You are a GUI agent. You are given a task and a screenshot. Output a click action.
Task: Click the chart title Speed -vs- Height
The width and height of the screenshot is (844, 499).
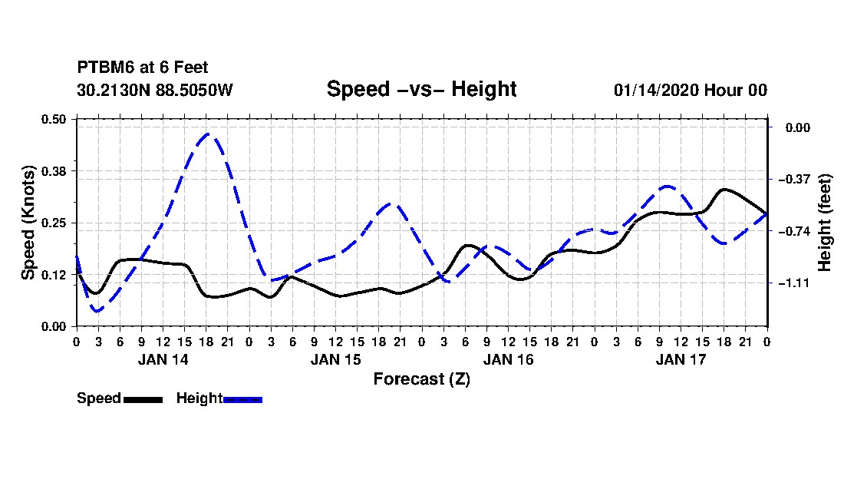point(421,89)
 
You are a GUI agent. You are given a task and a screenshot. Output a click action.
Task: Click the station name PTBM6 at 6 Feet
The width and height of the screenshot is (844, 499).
point(143,68)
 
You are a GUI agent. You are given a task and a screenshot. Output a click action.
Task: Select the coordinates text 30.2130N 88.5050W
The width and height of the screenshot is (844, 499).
point(155,90)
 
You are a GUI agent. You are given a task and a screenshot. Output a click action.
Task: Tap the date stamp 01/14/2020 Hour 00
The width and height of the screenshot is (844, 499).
point(691,90)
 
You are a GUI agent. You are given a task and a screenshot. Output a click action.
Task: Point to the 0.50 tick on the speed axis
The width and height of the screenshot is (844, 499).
point(53,119)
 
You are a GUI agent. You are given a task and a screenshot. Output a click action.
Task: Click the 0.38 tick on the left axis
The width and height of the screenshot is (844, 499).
point(53,171)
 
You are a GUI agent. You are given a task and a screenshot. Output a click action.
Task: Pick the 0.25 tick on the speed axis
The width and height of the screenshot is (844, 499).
point(53,223)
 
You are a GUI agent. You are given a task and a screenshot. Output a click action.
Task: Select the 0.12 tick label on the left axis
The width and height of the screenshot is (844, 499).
point(53,275)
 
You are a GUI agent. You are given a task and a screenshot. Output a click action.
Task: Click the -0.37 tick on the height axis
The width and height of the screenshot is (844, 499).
point(794,179)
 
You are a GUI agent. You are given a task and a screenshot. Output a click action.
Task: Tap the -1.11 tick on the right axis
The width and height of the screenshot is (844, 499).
point(794,283)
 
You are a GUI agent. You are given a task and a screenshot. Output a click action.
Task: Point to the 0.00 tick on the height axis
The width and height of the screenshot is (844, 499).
point(798,127)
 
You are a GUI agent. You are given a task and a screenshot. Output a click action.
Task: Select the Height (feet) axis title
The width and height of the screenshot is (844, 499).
point(824,223)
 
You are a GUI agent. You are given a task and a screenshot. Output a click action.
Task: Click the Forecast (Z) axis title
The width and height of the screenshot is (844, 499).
point(422,379)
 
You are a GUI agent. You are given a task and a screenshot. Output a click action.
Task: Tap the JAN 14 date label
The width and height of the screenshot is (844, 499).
point(163,359)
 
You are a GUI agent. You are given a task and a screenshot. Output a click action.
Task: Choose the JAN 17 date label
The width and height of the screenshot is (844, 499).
point(681,359)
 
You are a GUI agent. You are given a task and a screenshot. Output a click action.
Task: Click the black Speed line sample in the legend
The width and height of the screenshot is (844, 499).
point(143,399)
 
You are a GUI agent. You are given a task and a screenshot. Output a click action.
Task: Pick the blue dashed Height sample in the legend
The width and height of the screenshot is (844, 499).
point(242,399)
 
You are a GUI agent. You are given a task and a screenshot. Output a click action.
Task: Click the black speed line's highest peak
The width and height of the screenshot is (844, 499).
point(724,190)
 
